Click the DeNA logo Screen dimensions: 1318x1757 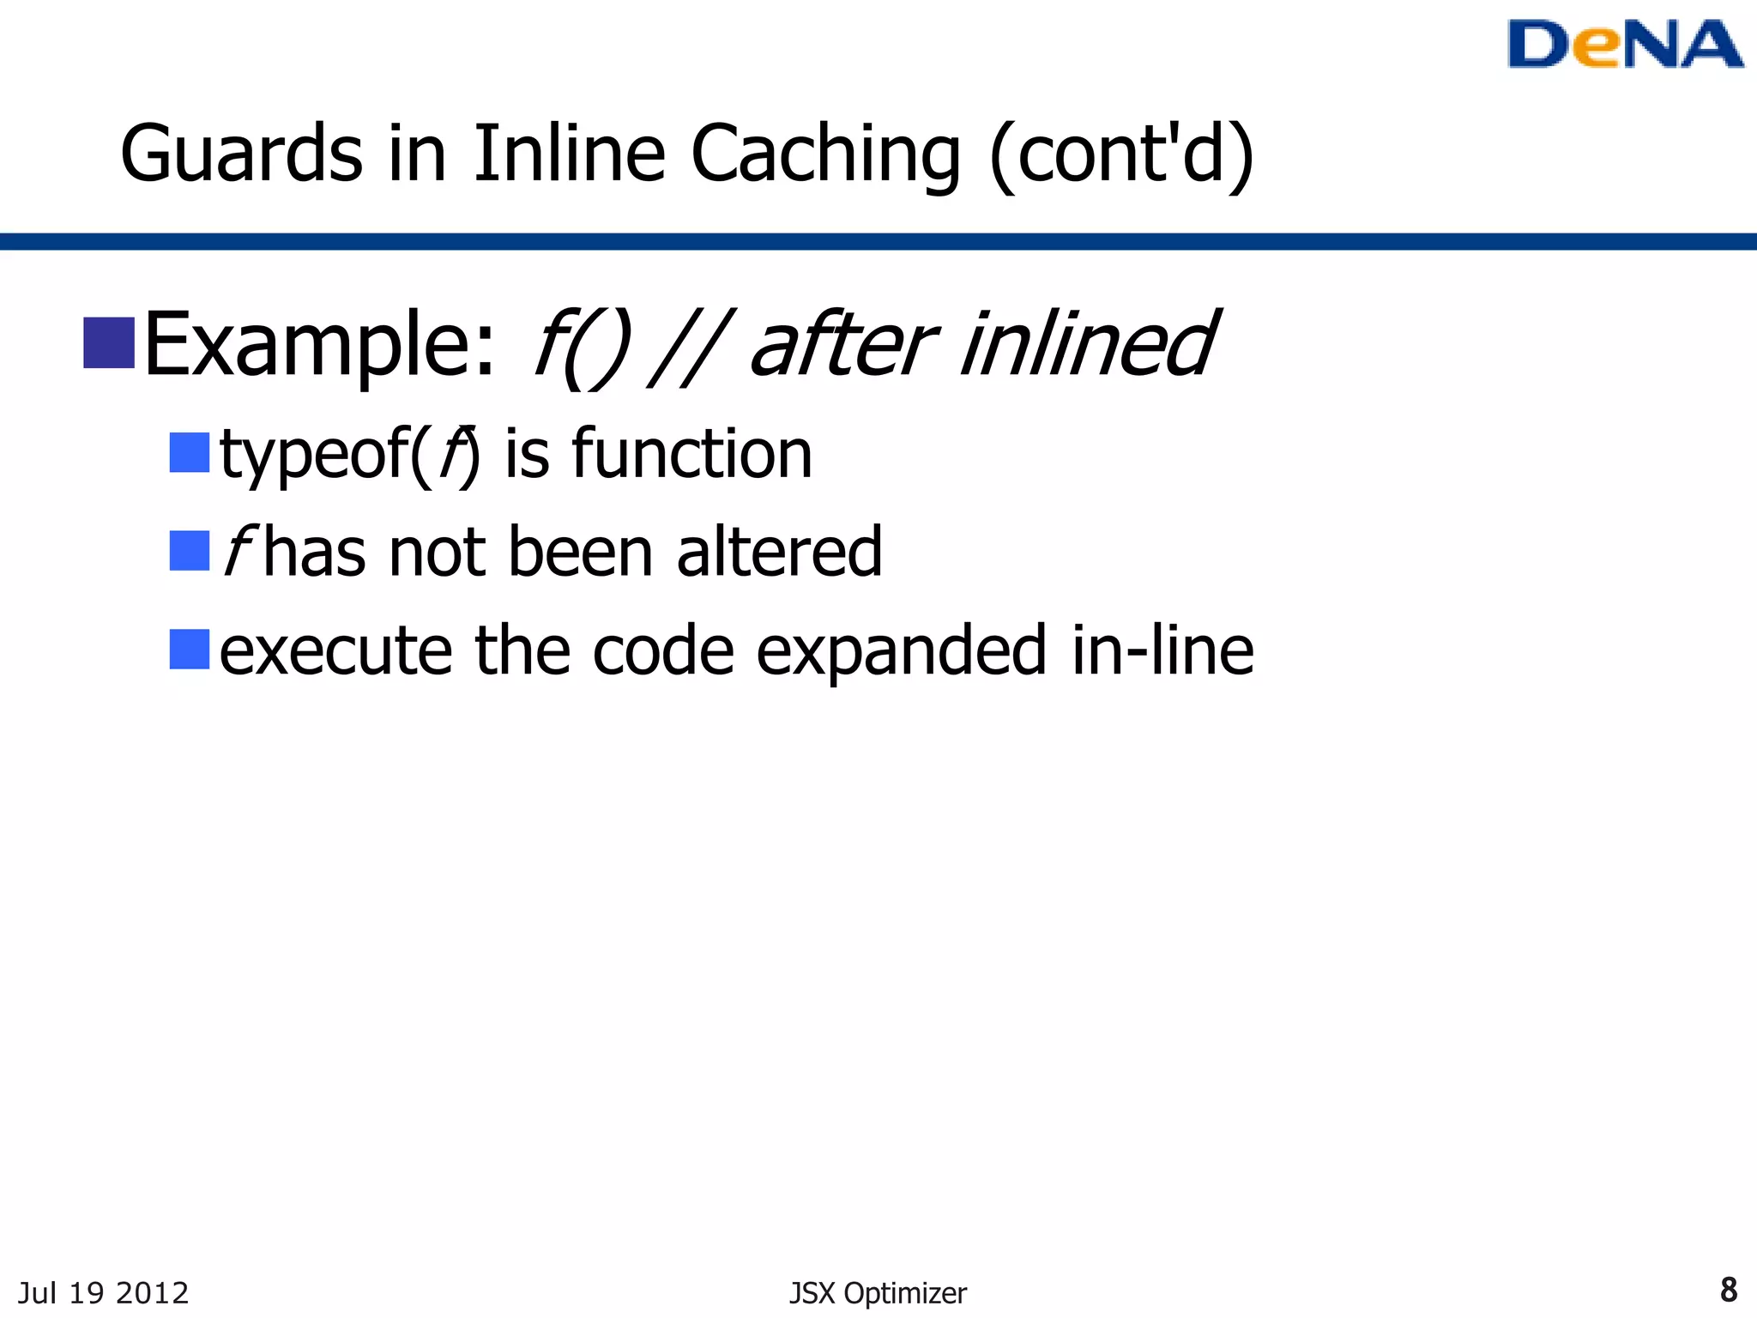[x=1624, y=45]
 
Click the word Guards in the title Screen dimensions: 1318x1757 [x=241, y=154]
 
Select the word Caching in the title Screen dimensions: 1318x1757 [x=825, y=154]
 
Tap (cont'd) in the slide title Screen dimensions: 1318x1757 [x=1121, y=154]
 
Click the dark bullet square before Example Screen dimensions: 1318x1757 [x=109, y=343]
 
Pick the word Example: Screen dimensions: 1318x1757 [x=320, y=345]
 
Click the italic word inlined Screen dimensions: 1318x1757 [x=1087, y=345]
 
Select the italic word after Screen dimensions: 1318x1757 [x=842, y=345]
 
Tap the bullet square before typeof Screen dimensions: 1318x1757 [x=190, y=452]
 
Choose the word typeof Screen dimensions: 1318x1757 [x=314, y=455]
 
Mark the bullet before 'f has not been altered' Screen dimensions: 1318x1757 [x=190, y=551]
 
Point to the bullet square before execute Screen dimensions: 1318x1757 [x=190, y=650]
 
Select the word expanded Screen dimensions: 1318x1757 [x=902, y=652]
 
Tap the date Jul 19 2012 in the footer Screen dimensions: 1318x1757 [x=103, y=1292]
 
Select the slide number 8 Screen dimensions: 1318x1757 [x=1729, y=1290]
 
